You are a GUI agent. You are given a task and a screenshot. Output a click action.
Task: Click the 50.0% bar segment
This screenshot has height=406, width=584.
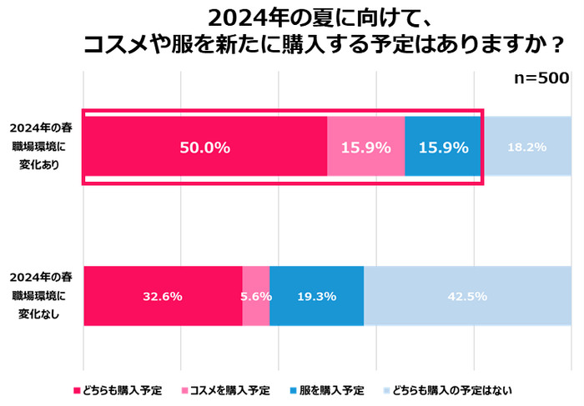(204, 147)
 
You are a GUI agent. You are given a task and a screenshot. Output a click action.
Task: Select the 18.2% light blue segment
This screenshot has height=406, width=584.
(526, 147)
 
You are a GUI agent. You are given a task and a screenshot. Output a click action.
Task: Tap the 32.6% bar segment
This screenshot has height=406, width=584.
(163, 296)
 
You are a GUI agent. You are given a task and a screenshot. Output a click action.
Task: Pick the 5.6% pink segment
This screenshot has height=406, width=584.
(255, 296)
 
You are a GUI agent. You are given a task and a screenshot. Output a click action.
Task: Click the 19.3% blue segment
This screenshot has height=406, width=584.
(316, 296)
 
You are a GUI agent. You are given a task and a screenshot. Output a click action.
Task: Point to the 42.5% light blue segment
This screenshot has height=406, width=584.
(467, 296)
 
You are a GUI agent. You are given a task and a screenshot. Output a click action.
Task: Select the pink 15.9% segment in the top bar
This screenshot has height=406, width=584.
(365, 147)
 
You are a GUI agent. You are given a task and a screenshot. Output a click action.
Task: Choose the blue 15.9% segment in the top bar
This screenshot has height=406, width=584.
(443, 147)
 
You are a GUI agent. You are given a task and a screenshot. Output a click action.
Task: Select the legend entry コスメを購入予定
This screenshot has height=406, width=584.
(229, 389)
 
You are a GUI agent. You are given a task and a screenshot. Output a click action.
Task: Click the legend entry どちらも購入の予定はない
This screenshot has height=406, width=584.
(451, 389)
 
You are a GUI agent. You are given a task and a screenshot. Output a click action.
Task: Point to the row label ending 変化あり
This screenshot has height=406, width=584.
(42, 147)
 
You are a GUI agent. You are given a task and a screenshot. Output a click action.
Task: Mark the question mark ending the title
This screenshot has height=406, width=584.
(551, 45)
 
